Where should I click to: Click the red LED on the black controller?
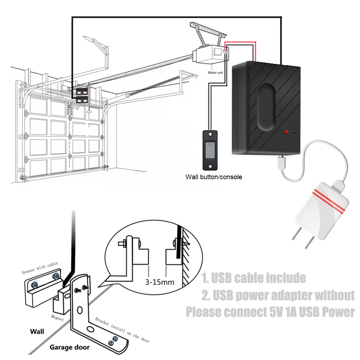tap(285, 132)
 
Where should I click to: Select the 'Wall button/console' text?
tap(214, 177)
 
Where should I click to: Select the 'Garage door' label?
tap(69, 347)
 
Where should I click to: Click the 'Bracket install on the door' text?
tap(122, 330)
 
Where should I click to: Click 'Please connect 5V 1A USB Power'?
tap(270, 312)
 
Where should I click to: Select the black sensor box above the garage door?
tap(82, 95)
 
